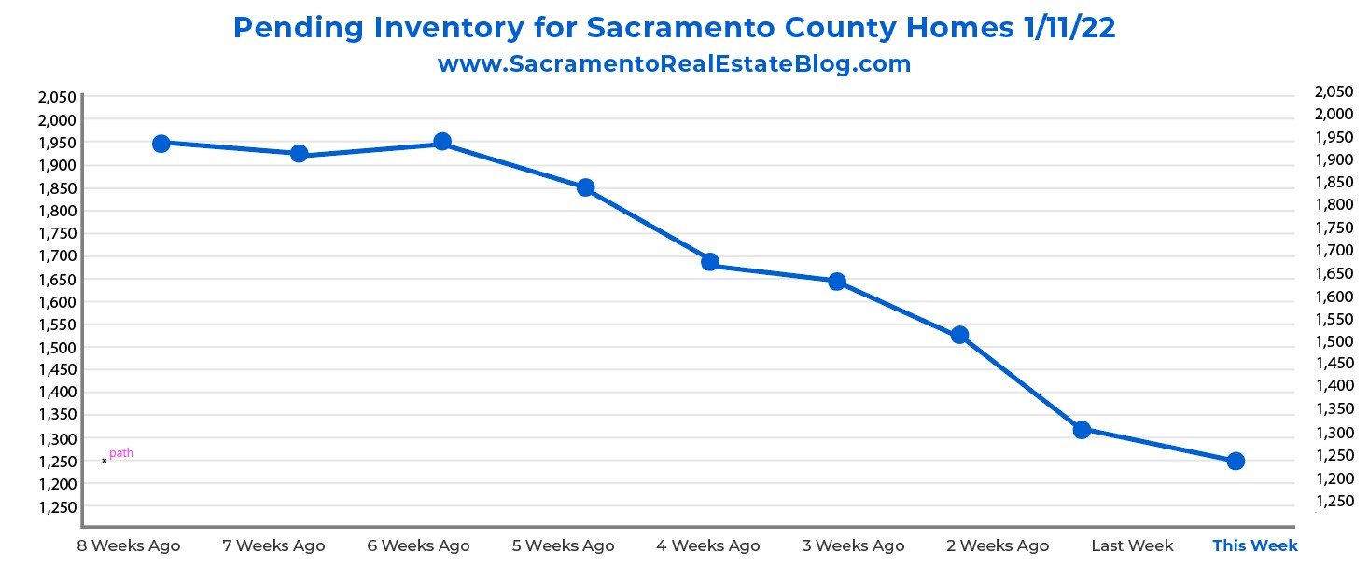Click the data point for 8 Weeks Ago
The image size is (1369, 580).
161,144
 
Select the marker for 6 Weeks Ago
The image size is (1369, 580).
442,142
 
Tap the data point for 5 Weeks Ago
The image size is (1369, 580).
585,187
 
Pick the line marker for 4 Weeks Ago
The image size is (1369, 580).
709,262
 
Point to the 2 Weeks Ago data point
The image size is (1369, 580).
959,335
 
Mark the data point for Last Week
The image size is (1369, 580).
1082,430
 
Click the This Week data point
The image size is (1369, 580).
1236,461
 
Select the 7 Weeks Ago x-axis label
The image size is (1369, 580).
273,545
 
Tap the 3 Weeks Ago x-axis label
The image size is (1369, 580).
853,545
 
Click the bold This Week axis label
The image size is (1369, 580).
1254,545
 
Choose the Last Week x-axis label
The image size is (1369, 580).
1132,545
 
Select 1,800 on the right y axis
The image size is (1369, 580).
1333,205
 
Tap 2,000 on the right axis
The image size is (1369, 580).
1333,114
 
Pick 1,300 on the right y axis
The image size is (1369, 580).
1333,433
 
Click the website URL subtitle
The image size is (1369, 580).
674,64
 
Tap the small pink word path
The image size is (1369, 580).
121,453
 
